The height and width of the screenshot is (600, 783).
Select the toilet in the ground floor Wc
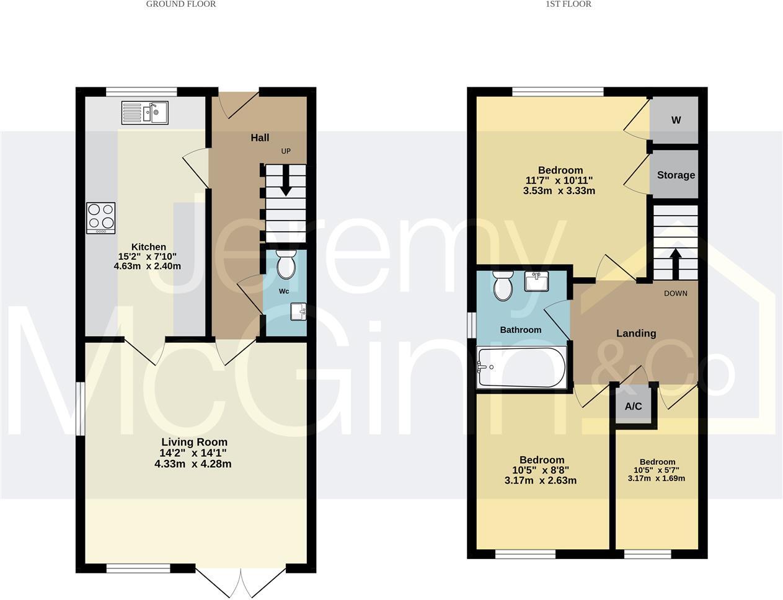click(x=286, y=265)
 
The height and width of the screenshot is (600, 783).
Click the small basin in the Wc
click(x=298, y=312)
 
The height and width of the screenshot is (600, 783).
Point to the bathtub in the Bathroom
click(x=521, y=368)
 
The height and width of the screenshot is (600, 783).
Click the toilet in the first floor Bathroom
click(x=503, y=286)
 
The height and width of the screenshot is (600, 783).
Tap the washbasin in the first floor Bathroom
click(x=537, y=281)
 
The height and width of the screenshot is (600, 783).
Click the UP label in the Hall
click(x=286, y=151)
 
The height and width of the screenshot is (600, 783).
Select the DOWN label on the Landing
click(x=675, y=293)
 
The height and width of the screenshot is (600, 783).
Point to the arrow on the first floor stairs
click(x=675, y=259)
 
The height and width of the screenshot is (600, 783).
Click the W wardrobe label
click(x=676, y=120)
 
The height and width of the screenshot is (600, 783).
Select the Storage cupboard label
click(x=676, y=175)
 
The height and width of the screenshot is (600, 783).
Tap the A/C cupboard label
click(x=633, y=407)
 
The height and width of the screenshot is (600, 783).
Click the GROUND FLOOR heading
click(x=181, y=4)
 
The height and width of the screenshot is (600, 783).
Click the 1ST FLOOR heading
click(x=568, y=4)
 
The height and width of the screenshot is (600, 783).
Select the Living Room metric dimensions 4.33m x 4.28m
click(x=193, y=464)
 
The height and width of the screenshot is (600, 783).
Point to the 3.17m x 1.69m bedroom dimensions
click(x=656, y=478)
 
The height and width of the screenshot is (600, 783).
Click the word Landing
click(x=635, y=333)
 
